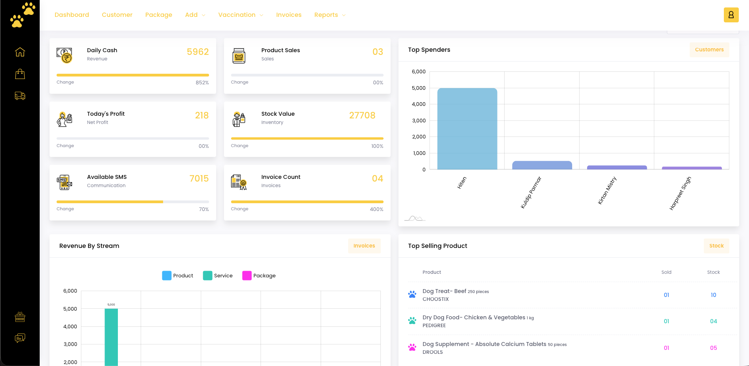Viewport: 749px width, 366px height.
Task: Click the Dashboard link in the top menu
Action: coord(72,15)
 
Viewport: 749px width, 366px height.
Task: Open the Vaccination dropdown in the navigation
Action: coord(240,15)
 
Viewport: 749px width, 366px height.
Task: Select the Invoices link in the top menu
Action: coord(288,15)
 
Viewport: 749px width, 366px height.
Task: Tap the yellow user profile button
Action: coord(731,15)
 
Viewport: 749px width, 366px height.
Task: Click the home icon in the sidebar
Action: coord(20,52)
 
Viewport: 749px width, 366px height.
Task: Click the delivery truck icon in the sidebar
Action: coord(20,96)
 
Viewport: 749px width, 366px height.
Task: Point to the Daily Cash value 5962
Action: coord(198,52)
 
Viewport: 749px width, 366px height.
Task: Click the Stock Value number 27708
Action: coord(362,115)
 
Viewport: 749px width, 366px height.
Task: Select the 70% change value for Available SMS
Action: coord(204,209)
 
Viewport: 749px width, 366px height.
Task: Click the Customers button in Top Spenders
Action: coord(709,50)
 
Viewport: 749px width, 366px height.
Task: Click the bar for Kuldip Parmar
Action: coord(542,165)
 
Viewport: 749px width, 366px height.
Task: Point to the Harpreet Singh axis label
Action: coord(680,193)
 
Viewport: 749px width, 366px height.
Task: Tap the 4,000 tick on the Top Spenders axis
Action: coord(419,104)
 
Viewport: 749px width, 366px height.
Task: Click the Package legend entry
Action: coord(259,276)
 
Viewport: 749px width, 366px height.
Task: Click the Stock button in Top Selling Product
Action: coord(716,246)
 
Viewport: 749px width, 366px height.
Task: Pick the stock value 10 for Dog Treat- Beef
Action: coord(713,295)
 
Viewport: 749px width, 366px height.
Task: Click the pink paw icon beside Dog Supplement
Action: coord(412,348)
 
